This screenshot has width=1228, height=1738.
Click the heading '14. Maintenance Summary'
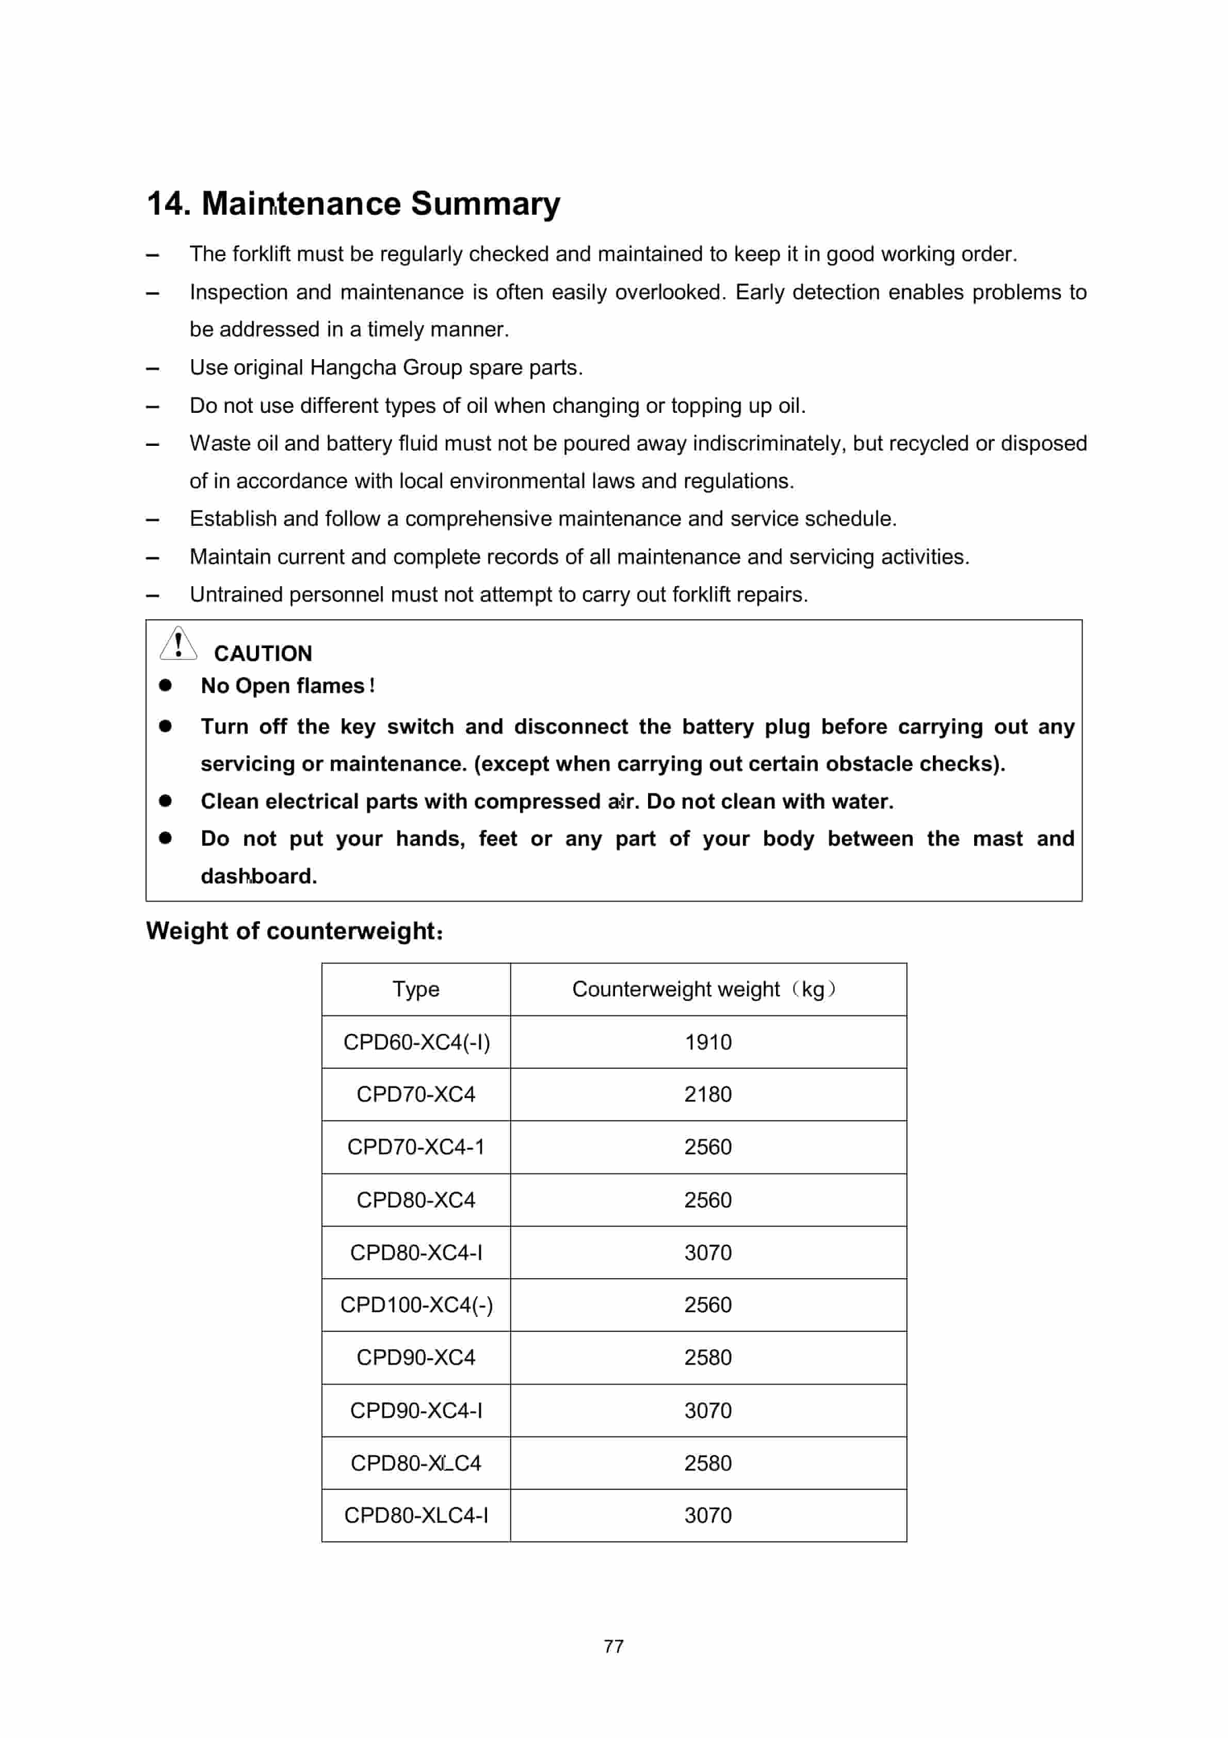(x=353, y=204)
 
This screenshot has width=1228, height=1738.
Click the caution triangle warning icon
(x=178, y=643)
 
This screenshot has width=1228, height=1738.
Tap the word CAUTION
(x=263, y=653)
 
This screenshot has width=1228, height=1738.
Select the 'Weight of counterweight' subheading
(x=294, y=930)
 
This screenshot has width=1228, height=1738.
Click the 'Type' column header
(x=416, y=989)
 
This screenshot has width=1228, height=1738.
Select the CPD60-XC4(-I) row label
(x=416, y=1042)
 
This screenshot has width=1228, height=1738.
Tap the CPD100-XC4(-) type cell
(x=416, y=1305)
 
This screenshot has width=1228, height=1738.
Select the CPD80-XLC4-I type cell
(x=416, y=1516)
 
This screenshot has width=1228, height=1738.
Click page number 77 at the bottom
(x=613, y=1647)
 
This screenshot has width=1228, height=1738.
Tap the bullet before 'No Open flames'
(x=165, y=685)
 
